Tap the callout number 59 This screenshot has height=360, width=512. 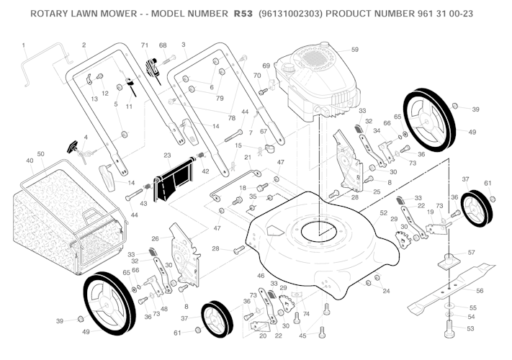click(354, 49)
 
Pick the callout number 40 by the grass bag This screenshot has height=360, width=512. click(30, 161)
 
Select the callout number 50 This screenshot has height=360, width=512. click(41, 154)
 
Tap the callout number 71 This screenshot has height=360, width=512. click(145, 45)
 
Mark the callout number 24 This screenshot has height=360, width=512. click(387, 291)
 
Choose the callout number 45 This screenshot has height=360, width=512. click(302, 336)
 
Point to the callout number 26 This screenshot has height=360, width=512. click(156, 238)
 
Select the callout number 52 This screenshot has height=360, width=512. click(384, 212)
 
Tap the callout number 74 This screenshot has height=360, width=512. click(306, 314)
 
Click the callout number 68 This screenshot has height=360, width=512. click(163, 45)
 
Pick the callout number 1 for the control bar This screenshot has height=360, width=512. click(24, 45)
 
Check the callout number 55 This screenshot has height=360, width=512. click(472, 307)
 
